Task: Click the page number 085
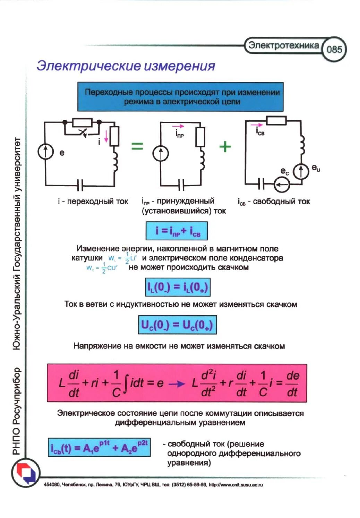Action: [x=334, y=49]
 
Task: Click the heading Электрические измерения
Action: [x=126, y=66]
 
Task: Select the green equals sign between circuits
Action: [x=137, y=146]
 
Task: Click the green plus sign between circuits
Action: [x=225, y=146]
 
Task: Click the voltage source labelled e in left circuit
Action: [x=46, y=151]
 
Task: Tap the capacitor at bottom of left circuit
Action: [x=80, y=185]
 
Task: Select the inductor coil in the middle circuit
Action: [x=201, y=161]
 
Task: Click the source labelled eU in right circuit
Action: [x=301, y=171]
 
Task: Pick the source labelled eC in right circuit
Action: [x=282, y=185]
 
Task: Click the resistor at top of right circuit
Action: [x=276, y=121]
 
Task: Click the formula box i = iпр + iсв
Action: [x=177, y=231]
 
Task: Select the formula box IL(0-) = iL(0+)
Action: [x=178, y=287]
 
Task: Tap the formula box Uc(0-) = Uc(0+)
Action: [x=177, y=325]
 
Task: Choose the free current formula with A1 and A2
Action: [x=99, y=448]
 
